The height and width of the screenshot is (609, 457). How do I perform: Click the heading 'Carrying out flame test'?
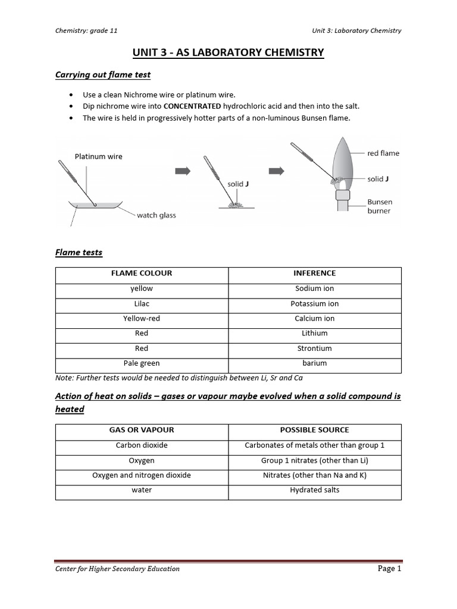coord(103,75)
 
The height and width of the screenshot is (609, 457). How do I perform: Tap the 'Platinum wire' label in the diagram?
coord(98,156)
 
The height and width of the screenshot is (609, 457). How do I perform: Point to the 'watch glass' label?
coord(156,215)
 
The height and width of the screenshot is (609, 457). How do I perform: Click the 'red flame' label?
coord(383,153)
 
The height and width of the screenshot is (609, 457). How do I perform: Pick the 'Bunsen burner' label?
coord(380,206)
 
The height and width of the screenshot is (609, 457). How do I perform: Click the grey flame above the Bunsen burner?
coord(344,161)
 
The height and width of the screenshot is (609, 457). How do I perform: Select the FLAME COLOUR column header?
coord(142,274)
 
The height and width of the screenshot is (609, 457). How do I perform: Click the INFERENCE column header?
coord(315,274)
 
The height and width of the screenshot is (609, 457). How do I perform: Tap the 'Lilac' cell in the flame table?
coord(142,304)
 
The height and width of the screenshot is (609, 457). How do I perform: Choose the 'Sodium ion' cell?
coord(315,288)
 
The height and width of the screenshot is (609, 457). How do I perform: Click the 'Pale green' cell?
coord(142,363)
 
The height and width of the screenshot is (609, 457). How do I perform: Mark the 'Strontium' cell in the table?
coord(315,349)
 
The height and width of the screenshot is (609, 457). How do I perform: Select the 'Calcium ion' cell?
coord(315,319)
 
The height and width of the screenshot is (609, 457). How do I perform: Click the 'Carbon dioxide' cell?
coord(142,445)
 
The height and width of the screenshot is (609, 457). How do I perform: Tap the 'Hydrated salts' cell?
coord(315,490)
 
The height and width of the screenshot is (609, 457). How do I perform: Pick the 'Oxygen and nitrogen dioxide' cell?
coord(142,475)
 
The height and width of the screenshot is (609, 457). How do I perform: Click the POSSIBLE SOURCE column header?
coord(315,430)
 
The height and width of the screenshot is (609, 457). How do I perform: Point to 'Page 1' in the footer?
coord(390,569)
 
